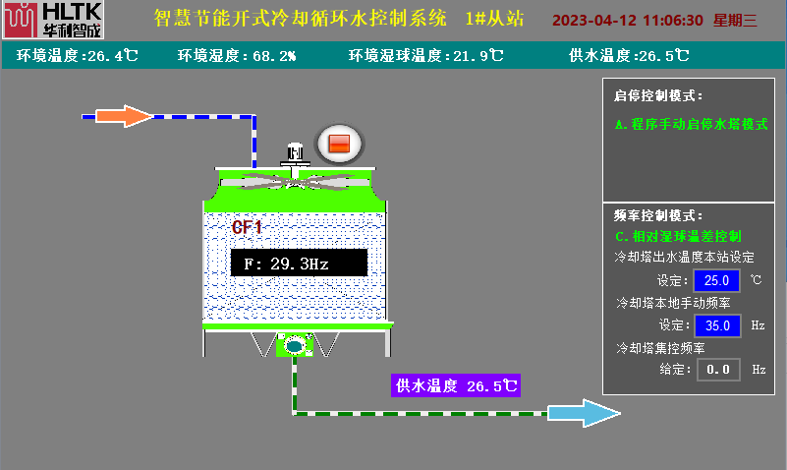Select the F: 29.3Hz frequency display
tap(299, 264)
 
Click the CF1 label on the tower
tap(247, 228)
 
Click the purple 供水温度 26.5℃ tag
tap(455, 385)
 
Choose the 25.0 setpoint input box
tap(717, 280)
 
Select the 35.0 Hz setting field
tap(717, 325)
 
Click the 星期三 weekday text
tap(736, 20)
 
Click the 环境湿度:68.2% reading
tap(237, 56)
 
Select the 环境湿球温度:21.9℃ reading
tap(426, 56)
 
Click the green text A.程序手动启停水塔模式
tap(691, 125)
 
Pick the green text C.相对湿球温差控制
tap(678, 236)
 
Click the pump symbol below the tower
tap(294, 345)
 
